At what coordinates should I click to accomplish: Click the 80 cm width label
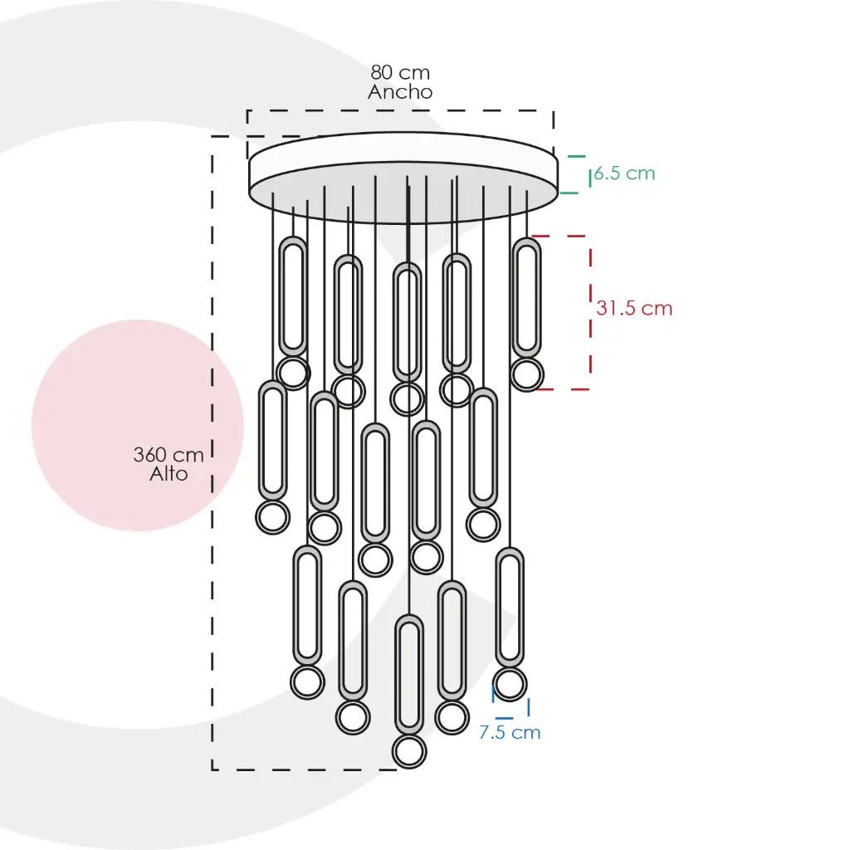(x=400, y=72)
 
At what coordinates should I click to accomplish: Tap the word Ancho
(x=400, y=91)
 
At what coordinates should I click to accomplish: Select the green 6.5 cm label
(x=624, y=173)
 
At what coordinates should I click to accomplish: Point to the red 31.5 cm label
(x=634, y=309)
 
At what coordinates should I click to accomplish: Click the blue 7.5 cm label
(x=510, y=733)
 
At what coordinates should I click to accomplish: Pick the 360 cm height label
(x=169, y=455)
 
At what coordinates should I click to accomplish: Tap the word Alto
(x=169, y=474)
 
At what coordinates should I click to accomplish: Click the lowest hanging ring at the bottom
(x=409, y=752)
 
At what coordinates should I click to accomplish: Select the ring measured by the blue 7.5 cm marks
(x=510, y=684)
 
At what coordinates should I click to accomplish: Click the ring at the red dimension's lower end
(x=526, y=374)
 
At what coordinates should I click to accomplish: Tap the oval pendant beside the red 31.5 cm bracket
(x=526, y=298)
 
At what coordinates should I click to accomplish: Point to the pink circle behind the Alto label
(x=138, y=426)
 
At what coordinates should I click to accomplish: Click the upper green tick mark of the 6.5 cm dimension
(x=577, y=156)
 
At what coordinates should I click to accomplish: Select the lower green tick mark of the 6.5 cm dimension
(x=569, y=193)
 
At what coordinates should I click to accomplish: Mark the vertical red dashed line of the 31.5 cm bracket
(x=590, y=312)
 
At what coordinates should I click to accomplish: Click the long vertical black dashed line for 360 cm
(x=212, y=453)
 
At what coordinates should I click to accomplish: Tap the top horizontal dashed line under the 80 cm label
(x=400, y=110)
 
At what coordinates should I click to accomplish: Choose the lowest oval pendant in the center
(x=409, y=676)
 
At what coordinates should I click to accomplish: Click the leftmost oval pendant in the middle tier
(x=272, y=441)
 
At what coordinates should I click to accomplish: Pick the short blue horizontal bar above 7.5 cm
(x=504, y=718)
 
